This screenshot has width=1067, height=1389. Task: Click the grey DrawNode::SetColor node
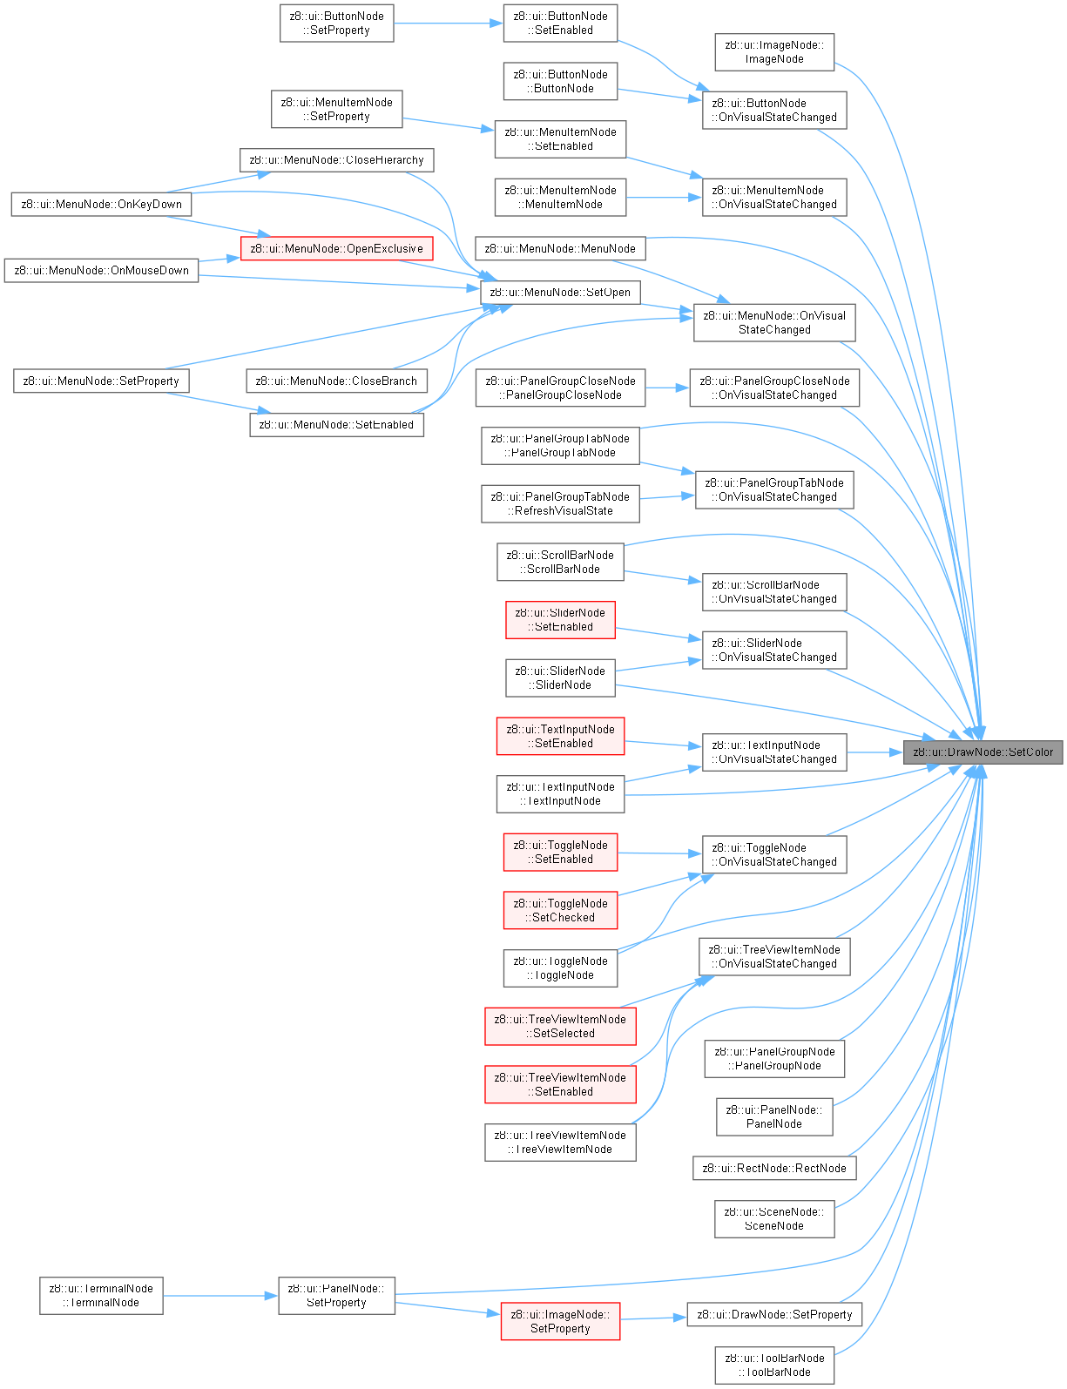point(982,752)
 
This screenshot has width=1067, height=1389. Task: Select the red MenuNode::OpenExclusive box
point(336,249)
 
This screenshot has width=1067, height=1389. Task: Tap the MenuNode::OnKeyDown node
point(102,205)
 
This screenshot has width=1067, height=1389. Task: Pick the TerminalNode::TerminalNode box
point(101,1296)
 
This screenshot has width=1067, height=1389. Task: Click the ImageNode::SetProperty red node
point(560,1321)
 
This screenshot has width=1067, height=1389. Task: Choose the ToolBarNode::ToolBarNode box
point(774,1365)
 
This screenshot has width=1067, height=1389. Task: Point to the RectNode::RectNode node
point(774,1169)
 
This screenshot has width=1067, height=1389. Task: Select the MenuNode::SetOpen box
point(560,293)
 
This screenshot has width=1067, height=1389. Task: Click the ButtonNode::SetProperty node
point(337,24)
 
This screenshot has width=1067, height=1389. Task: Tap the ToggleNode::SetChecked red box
point(560,910)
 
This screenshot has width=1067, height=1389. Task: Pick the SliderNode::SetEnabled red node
point(560,620)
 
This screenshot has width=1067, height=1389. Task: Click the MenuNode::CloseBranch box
point(337,381)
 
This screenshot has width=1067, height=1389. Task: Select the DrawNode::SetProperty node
point(774,1314)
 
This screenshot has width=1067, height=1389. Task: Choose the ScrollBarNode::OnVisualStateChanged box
point(774,592)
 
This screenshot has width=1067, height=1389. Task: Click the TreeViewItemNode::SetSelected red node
point(560,1027)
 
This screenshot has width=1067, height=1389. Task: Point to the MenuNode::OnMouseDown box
point(102,270)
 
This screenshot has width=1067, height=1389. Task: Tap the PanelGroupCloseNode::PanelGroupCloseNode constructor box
point(560,388)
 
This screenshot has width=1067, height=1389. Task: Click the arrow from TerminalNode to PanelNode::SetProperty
point(220,1296)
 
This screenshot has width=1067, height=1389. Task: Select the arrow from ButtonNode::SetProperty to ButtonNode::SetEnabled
point(449,24)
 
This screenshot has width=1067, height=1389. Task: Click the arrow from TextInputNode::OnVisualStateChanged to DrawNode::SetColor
point(875,752)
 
